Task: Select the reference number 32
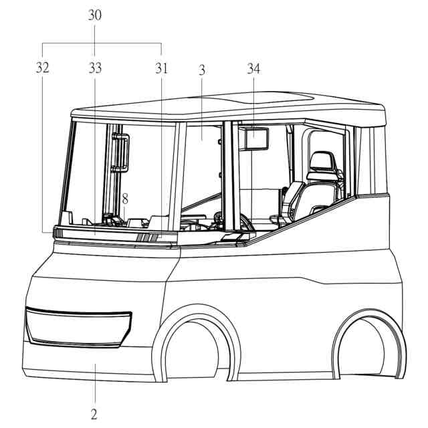pyautogui.click(x=43, y=68)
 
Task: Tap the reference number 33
pyautogui.click(x=95, y=68)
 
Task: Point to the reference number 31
pyautogui.click(x=161, y=68)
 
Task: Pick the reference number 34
pyautogui.click(x=253, y=68)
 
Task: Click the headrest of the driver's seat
pyautogui.click(x=321, y=161)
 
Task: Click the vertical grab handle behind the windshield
pyautogui.click(x=120, y=152)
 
